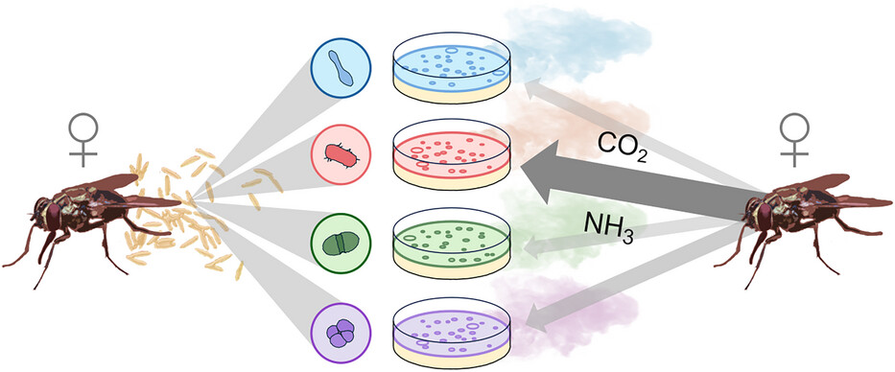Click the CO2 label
point(623,149)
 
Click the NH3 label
point(608,226)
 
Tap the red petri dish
point(452,154)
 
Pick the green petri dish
point(452,244)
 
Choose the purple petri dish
point(452,333)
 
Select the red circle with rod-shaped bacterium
point(341,154)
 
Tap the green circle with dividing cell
point(341,244)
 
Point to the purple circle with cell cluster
point(341,333)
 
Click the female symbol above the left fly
point(83,140)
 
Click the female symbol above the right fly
point(794,140)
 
